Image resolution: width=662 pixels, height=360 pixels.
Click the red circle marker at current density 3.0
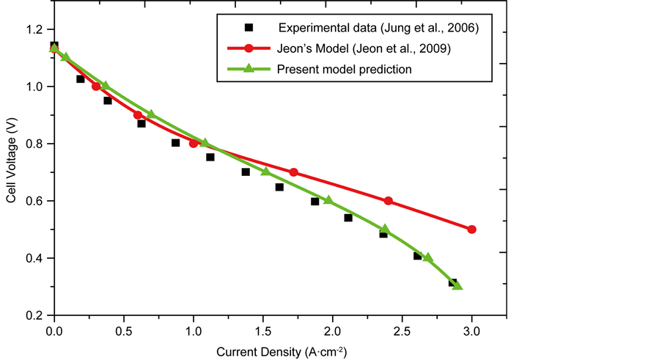point(471,229)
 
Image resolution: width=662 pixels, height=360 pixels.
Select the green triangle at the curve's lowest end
point(457,285)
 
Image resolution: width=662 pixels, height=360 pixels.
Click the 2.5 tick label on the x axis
point(402,331)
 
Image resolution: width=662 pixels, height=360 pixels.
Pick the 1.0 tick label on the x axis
point(193,331)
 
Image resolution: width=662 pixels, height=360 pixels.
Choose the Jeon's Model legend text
point(364,49)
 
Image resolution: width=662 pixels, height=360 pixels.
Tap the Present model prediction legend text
point(344,70)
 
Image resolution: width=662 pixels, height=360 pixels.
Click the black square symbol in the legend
point(249,28)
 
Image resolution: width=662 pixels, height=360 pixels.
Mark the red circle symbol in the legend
point(249,49)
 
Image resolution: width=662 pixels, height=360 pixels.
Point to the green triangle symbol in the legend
point(249,69)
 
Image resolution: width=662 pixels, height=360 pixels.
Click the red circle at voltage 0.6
point(388,201)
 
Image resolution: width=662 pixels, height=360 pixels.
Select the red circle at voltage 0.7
point(294,172)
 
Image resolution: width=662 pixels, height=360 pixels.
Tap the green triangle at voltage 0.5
point(385,229)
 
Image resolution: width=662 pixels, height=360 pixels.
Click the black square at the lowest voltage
point(453,282)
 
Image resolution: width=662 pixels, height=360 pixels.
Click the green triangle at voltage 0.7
point(265,172)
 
